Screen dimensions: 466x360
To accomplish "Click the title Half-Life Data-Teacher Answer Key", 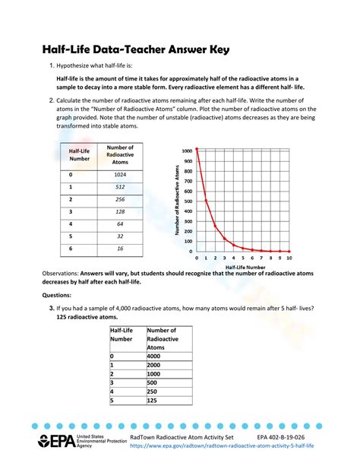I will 135,50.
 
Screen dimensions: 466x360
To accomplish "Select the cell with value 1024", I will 120,174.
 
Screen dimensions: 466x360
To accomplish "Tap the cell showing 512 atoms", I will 120,186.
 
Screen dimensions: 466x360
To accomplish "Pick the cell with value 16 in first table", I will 120,249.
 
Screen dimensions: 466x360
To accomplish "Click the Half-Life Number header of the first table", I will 80,155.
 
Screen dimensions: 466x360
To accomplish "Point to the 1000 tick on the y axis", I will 187,151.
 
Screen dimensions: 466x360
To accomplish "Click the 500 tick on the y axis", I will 188,201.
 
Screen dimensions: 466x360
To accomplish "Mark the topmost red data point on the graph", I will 197,149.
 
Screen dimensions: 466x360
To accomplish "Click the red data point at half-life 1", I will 206,201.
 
